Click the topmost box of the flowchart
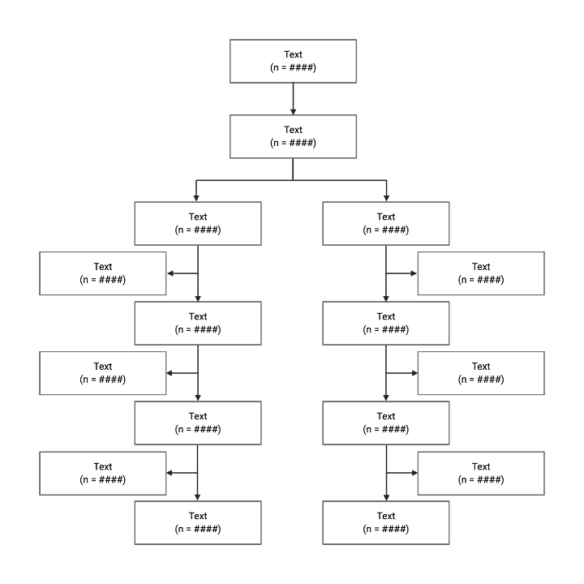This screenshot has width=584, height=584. click(293, 61)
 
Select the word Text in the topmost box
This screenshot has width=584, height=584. click(293, 54)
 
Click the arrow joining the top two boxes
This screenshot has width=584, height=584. click(293, 98)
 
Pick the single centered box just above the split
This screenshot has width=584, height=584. click(293, 135)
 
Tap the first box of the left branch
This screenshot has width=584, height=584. click(198, 223)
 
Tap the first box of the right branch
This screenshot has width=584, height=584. click(386, 223)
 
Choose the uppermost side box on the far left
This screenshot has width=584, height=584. click(103, 273)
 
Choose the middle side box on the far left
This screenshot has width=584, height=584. click(103, 372)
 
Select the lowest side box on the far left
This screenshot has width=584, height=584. click(103, 473)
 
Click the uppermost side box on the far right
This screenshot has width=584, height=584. click(481, 273)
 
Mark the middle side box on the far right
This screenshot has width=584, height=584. click(481, 372)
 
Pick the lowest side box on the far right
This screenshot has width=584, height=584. click(481, 473)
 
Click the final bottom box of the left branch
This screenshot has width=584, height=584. click(198, 522)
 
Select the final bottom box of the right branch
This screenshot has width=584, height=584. click(386, 522)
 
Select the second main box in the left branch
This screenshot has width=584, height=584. click(198, 323)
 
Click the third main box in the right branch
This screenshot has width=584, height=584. click(386, 423)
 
